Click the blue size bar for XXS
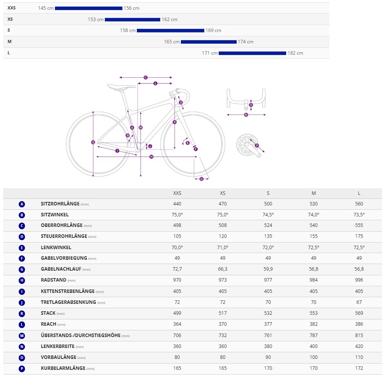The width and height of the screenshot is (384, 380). [x=88, y=8]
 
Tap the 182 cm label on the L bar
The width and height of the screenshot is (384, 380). [x=295, y=53]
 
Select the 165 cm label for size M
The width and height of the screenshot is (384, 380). [x=172, y=42]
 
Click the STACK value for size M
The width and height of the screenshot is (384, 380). [x=313, y=313]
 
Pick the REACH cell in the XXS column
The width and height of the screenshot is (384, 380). [x=177, y=324]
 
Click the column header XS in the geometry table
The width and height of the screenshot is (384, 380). [x=223, y=193]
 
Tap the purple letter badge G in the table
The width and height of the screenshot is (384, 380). [x=22, y=269]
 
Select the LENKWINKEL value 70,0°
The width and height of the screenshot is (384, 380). [x=177, y=248]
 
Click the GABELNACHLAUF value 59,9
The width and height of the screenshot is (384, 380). [x=268, y=269]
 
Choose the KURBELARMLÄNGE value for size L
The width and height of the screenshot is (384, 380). [x=359, y=368]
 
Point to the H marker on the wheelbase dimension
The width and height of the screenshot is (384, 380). [x=151, y=157]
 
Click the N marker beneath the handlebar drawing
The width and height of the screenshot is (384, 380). [x=246, y=115]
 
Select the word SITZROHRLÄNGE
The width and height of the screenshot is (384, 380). [x=60, y=204]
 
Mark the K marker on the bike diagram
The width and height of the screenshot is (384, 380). [x=175, y=122]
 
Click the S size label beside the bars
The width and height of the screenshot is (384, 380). [x=9, y=30]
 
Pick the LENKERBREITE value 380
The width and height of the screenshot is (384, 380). [x=268, y=346]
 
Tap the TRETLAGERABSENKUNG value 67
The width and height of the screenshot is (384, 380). [x=359, y=302]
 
